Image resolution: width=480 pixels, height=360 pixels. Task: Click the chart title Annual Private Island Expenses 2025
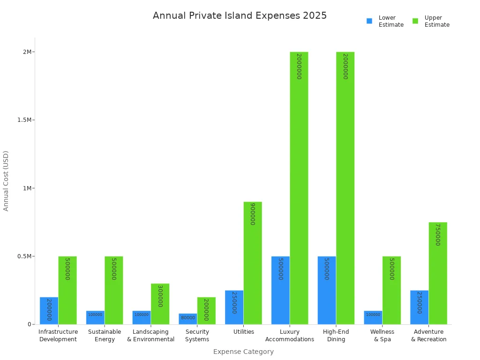240,15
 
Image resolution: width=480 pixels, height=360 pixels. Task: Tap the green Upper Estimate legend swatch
415,21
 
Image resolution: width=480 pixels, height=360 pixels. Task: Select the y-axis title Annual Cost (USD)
6,180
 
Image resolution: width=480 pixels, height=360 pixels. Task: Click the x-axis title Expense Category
243,352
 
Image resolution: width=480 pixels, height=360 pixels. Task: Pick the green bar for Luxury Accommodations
299,187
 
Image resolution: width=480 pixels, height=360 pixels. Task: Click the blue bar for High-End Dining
327,290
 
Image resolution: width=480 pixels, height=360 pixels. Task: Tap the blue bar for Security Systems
188,319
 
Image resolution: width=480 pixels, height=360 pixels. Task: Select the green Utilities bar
253,262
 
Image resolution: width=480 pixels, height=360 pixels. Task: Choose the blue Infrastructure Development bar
49,310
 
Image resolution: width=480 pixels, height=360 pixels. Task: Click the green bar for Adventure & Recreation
438,273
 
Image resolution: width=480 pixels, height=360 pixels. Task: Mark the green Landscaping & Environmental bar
160,304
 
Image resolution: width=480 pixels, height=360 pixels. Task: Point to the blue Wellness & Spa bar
373,317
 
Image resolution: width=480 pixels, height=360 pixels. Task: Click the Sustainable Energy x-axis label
105,336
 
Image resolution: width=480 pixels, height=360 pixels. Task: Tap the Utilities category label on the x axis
244,332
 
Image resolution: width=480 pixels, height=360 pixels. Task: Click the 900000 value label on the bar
253,214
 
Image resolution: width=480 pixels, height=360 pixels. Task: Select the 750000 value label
438,234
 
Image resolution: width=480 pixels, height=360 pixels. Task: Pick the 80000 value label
188,318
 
